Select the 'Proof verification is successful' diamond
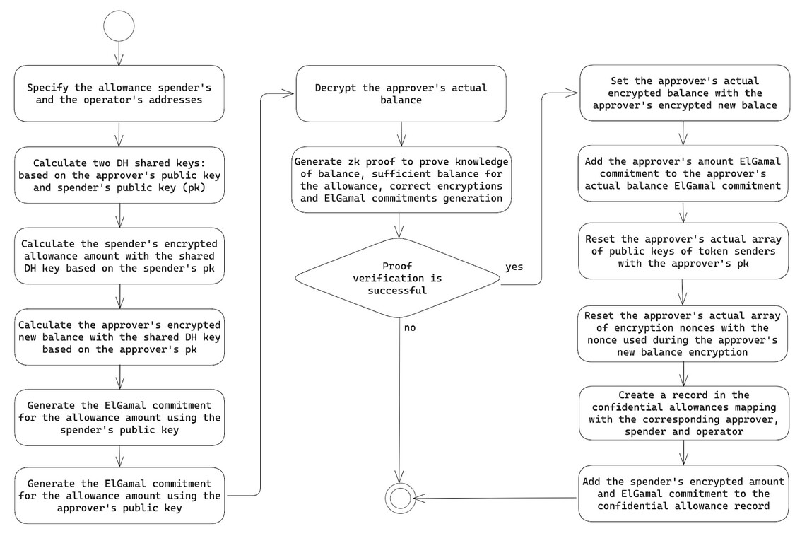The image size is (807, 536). [397, 278]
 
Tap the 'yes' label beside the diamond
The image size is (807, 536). [514, 267]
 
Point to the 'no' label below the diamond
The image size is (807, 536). [410, 327]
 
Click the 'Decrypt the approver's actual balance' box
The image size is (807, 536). [401, 94]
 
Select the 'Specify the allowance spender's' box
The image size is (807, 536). [119, 94]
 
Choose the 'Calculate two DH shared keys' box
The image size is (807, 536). [119, 175]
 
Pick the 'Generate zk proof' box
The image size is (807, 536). [401, 180]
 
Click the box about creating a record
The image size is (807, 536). [684, 413]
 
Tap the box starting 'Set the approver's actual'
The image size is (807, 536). [685, 93]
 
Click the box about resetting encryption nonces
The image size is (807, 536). [683, 334]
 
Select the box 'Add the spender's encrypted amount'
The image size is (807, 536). [683, 494]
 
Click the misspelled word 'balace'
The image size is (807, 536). [759, 105]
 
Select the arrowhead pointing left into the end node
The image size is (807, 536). [419, 498]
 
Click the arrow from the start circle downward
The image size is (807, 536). [119, 53]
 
